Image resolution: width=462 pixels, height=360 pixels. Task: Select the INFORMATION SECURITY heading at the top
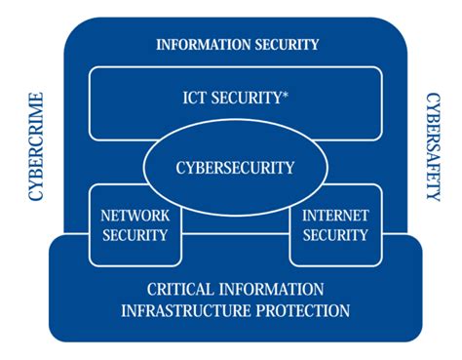(238, 44)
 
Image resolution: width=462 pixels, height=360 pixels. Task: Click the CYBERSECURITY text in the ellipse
(235, 167)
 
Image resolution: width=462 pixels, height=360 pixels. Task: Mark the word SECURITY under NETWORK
(135, 234)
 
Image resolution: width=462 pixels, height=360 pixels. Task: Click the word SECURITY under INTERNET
(335, 234)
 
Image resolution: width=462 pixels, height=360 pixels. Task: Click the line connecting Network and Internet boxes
(235, 234)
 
